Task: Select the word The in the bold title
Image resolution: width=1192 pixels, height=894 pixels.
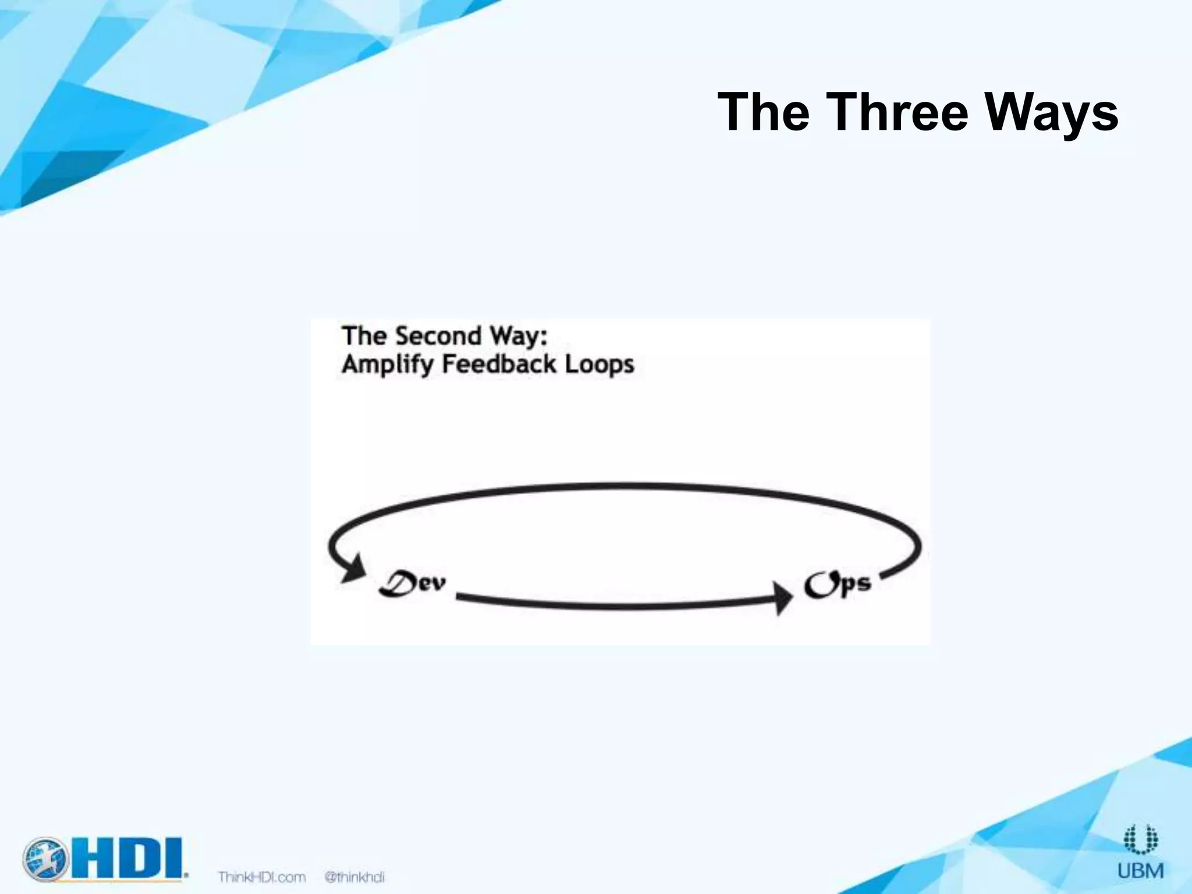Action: pos(763,112)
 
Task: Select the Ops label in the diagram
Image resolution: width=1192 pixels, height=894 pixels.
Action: pos(838,584)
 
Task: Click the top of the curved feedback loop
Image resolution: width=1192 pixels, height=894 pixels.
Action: pos(623,485)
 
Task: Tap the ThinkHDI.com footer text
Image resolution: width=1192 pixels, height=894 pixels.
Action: pos(262,877)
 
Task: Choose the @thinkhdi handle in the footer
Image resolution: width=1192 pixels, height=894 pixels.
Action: pos(354,877)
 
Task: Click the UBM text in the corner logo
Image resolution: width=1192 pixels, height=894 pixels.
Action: pos(1140,871)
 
